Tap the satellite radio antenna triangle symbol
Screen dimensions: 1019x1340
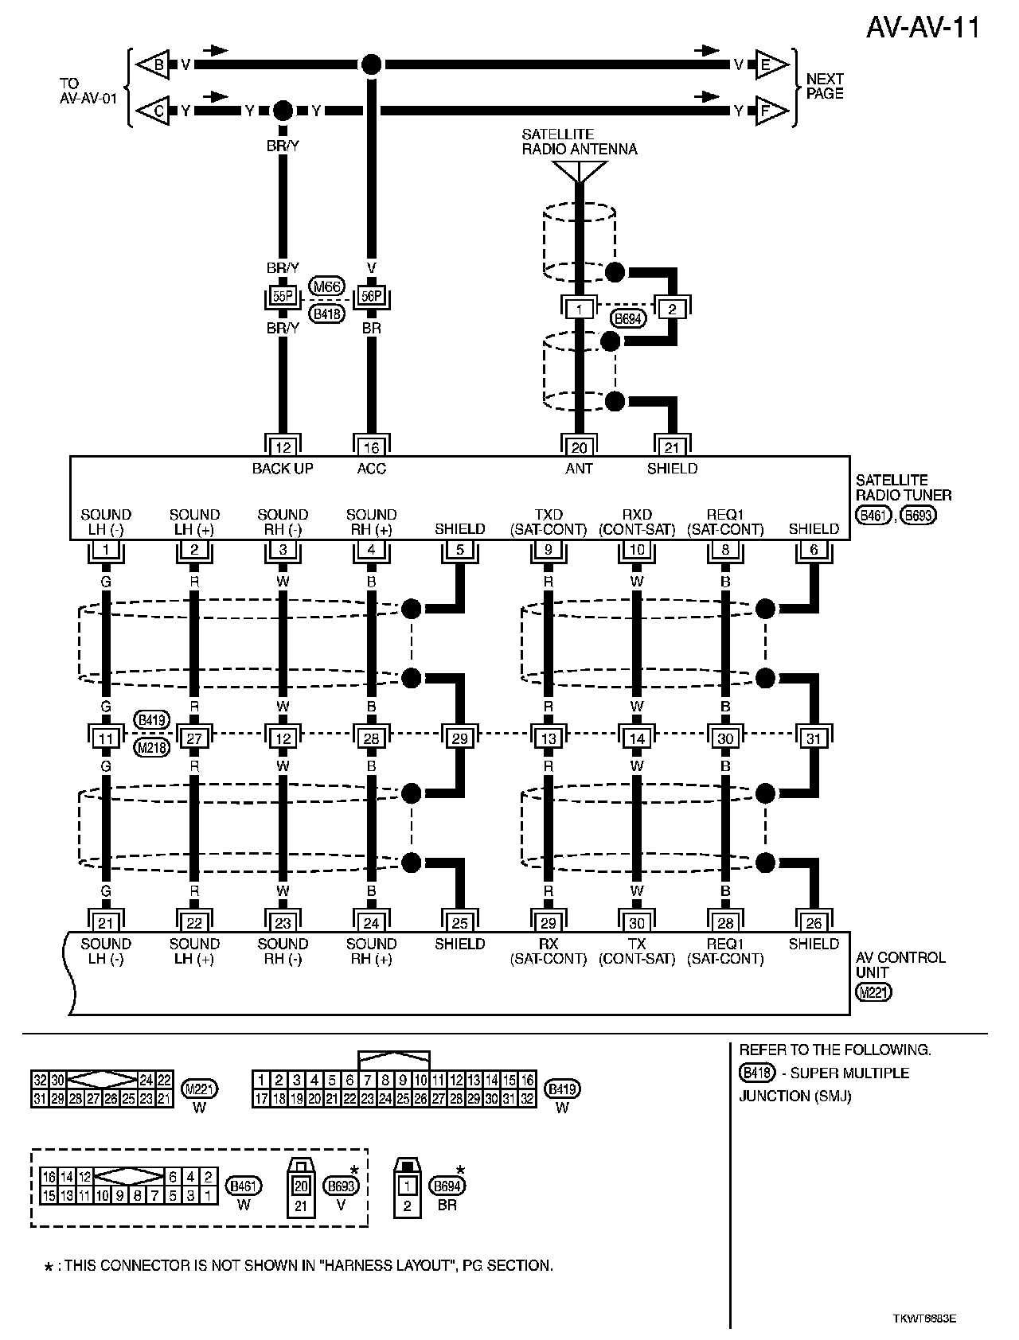[x=580, y=170]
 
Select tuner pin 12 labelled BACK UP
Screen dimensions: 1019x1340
[x=282, y=447]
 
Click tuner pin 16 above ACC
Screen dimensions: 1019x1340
[x=371, y=447]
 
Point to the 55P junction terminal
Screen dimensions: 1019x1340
[x=282, y=297]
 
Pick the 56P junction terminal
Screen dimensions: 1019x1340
[x=371, y=297]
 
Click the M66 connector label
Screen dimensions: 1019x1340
[x=326, y=287]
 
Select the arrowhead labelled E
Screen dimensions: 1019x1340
[x=767, y=65]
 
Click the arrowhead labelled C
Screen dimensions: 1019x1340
[x=155, y=111]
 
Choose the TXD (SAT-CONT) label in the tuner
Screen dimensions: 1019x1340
[x=549, y=522]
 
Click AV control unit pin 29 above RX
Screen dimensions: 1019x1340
[x=549, y=922]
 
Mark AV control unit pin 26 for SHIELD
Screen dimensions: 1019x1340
[x=814, y=922]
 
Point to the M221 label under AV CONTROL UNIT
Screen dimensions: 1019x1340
[x=873, y=991]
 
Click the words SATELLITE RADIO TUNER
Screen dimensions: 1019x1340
[x=903, y=487]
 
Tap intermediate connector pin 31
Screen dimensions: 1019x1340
[x=814, y=738]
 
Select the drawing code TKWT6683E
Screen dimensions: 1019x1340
[x=924, y=1317]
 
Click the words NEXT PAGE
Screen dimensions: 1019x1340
[x=825, y=86]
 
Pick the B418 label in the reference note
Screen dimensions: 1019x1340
[x=756, y=1073]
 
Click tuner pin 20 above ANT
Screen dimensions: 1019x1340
[x=580, y=447]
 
